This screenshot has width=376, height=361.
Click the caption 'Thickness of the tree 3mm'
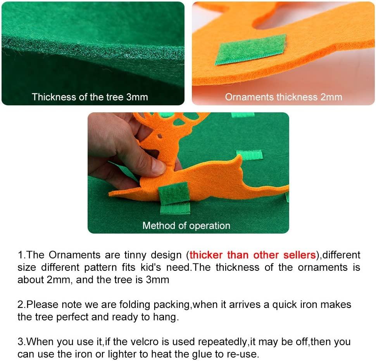pyautogui.click(x=90, y=97)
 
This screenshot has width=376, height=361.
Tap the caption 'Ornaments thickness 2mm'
pyautogui.click(x=283, y=97)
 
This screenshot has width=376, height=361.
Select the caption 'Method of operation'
pyautogui.click(x=186, y=226)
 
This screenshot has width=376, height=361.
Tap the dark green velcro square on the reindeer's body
pyautogui.click(x=174, y=193)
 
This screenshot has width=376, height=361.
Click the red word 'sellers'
pyautogui.click(x=300, y=255)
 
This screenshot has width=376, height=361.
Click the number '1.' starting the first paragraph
pyautogui.click(x=22, y=255)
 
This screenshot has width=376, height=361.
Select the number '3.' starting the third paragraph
pyautogui.click(x=22, y=342)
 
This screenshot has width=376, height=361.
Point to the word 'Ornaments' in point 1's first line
pyautogui.click(x=74, y=255)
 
